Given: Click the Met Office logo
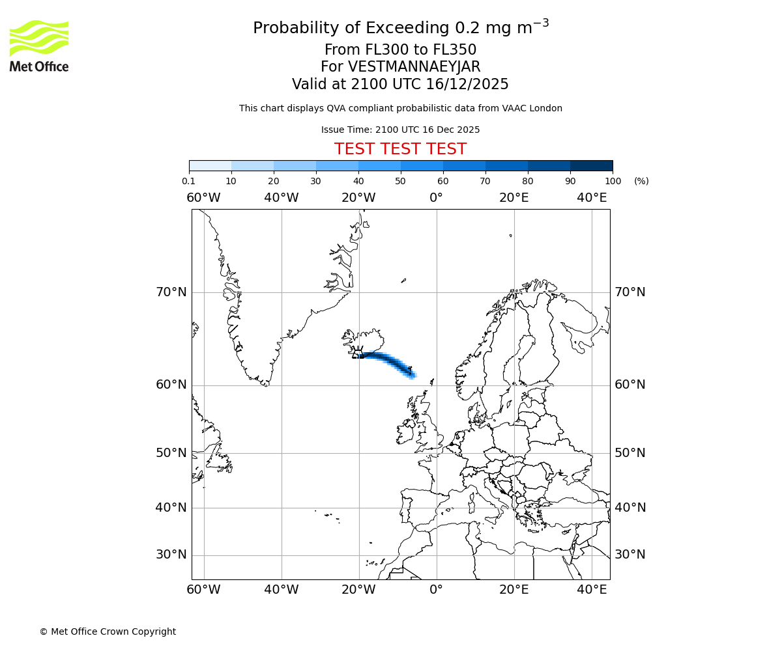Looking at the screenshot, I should tap(39, 46).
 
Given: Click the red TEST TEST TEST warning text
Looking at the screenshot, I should tap(400, 149).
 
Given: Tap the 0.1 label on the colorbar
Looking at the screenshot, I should tap(188, 181).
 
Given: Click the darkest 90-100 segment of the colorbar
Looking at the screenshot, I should tap(591, 165).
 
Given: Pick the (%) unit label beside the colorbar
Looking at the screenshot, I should tap(641, 181).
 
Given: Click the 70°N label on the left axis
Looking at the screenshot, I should tap(171, 292).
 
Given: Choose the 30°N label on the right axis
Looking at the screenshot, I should tap(630, 555).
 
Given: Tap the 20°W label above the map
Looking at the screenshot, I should tap(358, 198).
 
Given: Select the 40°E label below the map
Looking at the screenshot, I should tap(592, 590).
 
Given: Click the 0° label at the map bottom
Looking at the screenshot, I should tap(436, 590).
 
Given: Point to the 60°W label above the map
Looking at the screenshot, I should tap(203, 198).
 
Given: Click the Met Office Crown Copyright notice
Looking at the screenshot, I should tap(108, 631).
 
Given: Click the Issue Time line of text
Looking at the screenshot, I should tap(400, 130).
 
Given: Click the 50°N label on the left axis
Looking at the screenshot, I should tap(171, 453).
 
